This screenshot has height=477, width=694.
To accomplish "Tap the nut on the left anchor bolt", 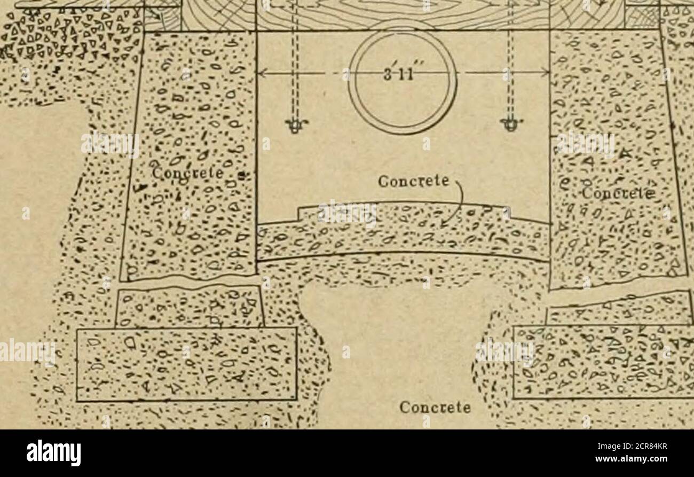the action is [x=293, y=126].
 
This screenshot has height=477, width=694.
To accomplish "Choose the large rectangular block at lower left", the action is [x=186, y=364].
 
